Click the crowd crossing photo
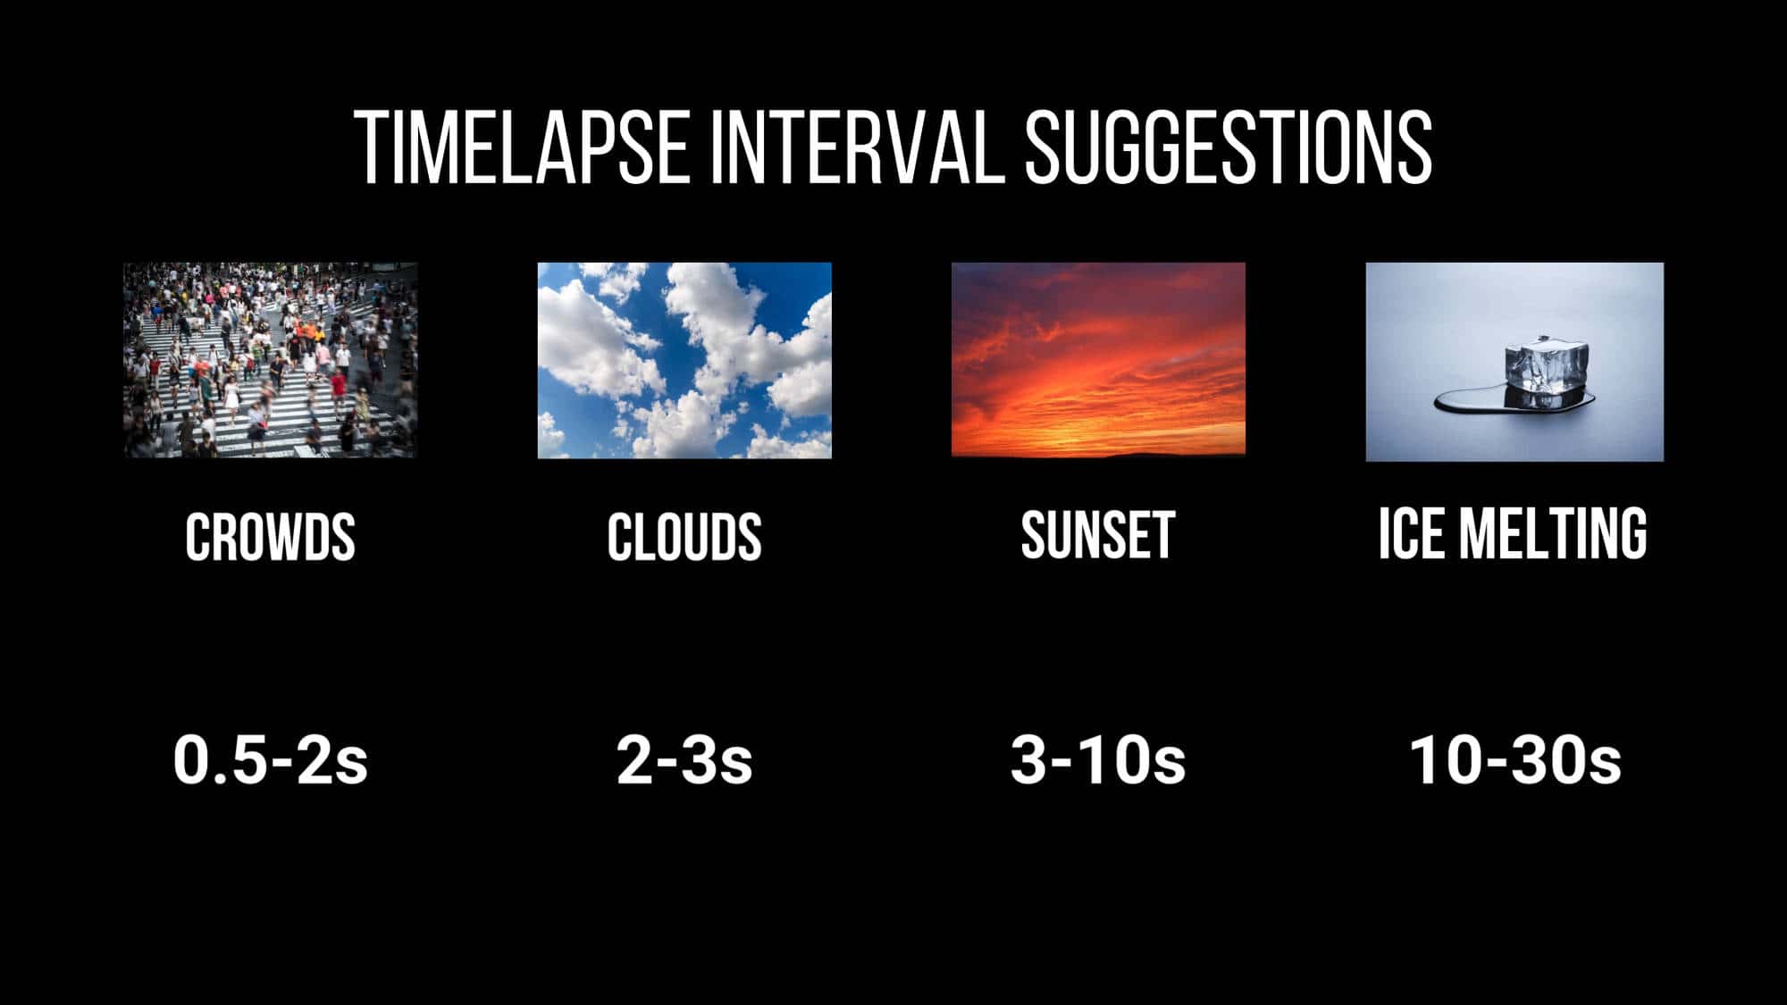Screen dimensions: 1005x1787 pyautogui.click(x=270, y=360)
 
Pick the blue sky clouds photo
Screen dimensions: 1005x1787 pyautogui.click(x=684, y=360)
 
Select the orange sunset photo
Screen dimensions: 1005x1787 pyautogui.click(x=1098, y=359)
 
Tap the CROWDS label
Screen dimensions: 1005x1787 pyautogui.click(x=270, y=537)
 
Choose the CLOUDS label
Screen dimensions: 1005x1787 pyautogui.click(x=684, y=537)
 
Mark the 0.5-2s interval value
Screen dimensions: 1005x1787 pyautogui.click(x=270, y=760)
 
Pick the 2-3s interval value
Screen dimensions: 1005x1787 pyautogui.click(x=684, y=760)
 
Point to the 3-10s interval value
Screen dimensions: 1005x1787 pyautogui.click(x=1098, y=760)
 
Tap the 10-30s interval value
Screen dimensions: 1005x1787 pyautogui.click(x=1514, y=760)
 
